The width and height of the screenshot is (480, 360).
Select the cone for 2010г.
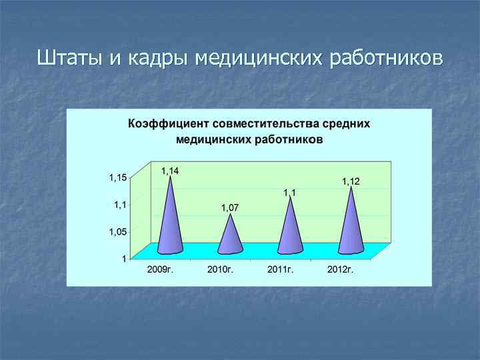(230, 237)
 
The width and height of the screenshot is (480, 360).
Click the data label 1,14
(170, 171)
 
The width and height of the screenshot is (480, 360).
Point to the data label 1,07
(230, 208)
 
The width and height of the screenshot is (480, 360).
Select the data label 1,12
(351, 181)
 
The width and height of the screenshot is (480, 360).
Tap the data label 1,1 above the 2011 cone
(290, 193)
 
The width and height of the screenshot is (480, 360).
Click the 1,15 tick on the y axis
(118, 178)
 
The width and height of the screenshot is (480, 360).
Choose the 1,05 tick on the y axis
(118, 232)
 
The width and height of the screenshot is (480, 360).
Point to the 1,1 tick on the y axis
(121, 205)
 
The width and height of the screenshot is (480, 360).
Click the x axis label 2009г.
(160, 269)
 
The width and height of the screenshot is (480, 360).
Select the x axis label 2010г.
(220, 269)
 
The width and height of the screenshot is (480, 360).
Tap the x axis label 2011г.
(280, 269)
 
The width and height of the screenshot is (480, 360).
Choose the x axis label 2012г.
(340, 269)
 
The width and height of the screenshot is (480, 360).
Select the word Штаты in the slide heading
(68, 58)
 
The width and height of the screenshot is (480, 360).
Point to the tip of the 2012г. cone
(351, 188)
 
